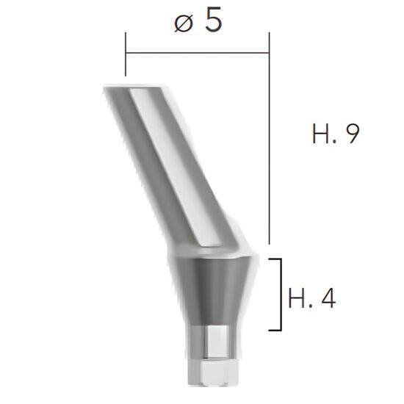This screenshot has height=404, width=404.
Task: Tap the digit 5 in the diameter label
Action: [x=212, y=21]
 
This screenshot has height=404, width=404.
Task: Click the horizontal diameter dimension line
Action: [x=198, y=53]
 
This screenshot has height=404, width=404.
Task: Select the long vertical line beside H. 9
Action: [x=270, y=147]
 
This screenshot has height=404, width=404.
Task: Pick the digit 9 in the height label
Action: [x=352, y=134]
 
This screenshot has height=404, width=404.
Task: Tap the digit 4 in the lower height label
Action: [x=327, y=298]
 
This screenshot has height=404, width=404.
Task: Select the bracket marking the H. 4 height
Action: [x=280, y=294]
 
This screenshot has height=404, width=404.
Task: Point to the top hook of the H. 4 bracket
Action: [x=275, y=259]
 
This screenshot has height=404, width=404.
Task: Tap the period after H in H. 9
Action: [x=338, y=142]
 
